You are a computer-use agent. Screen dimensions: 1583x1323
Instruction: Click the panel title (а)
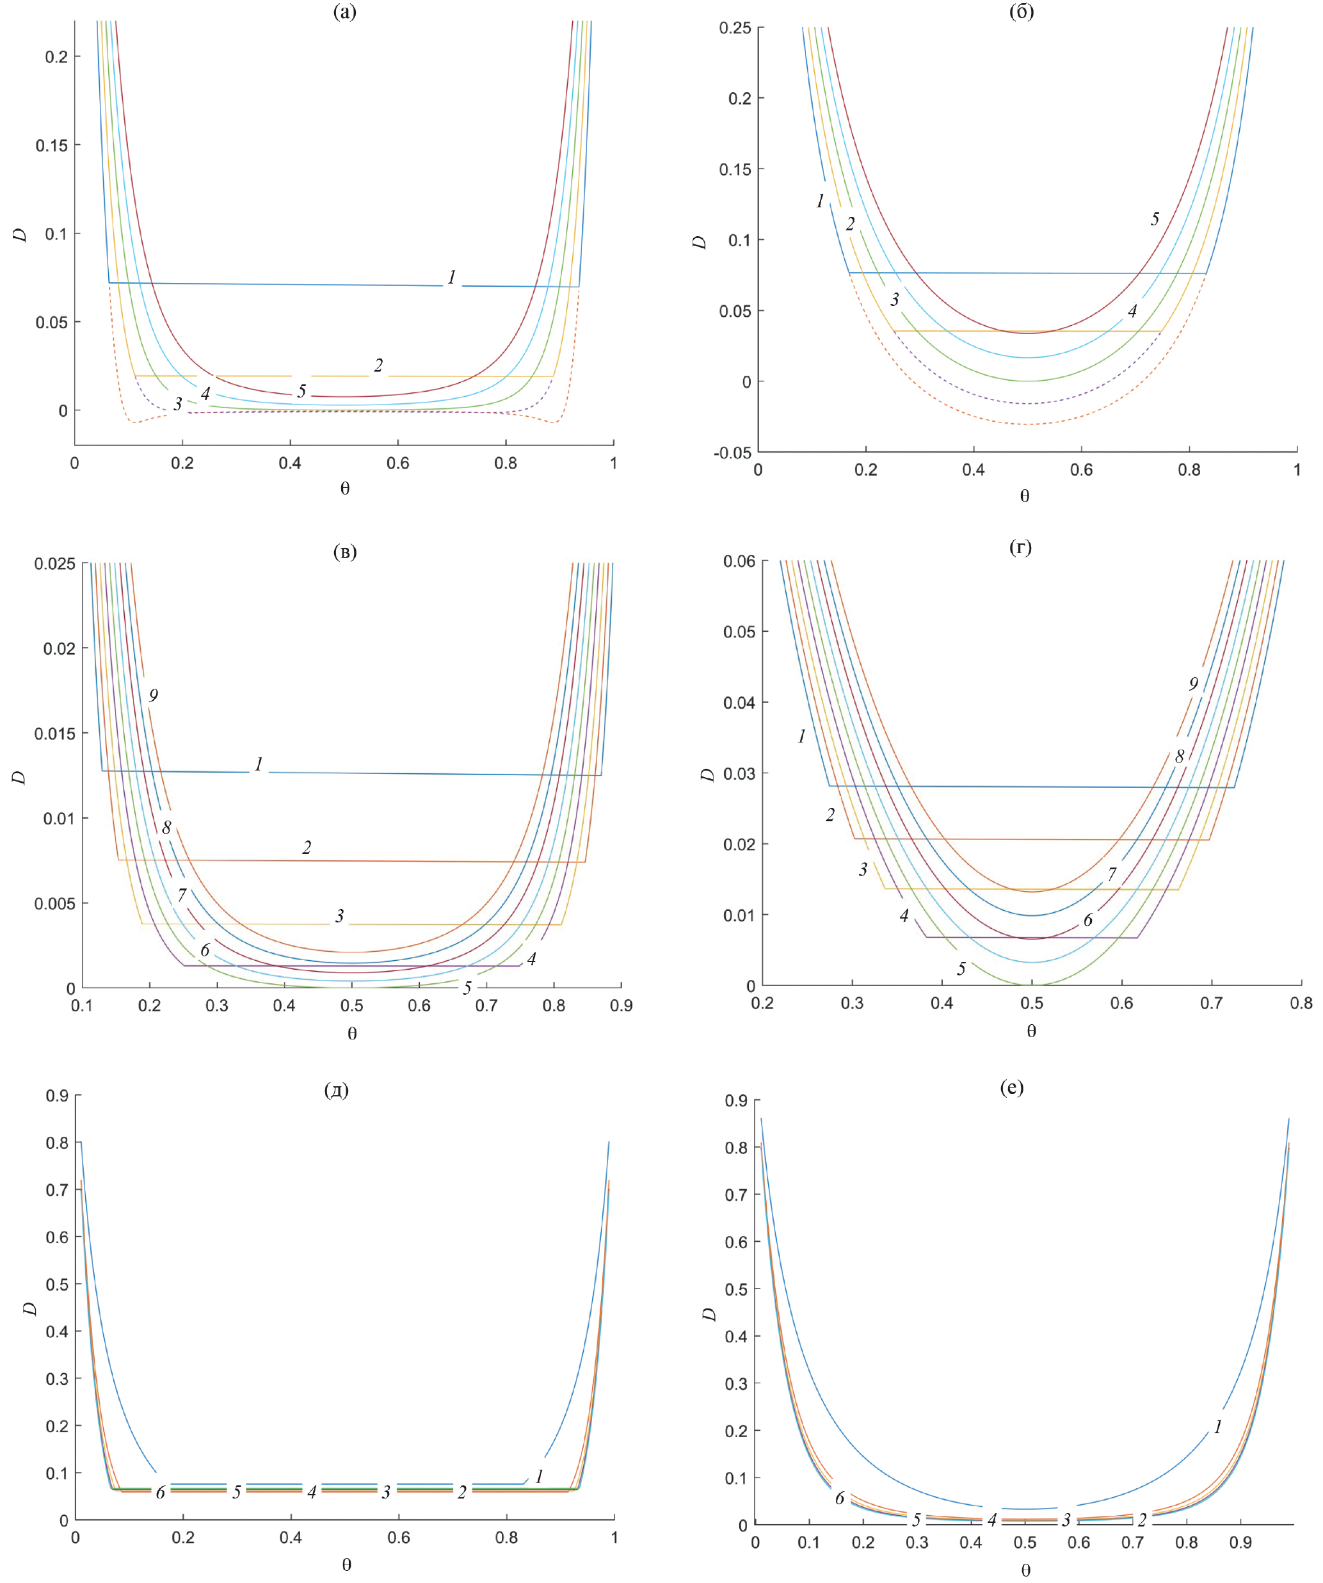click(x=344, y=12)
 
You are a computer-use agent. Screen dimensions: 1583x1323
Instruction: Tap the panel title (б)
click(x=1022, y=12)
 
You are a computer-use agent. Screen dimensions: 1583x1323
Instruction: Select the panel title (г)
click(x=1020, y=547)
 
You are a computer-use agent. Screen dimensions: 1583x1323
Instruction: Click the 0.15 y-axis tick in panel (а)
click(x=51, y=145)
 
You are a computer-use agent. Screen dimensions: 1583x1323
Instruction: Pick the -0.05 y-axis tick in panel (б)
click(x=732, y=453)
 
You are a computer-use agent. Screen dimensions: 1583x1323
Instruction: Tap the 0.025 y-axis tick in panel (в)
click(x=54, y=563)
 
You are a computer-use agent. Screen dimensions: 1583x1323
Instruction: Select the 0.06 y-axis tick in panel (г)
click(x=739, y=561)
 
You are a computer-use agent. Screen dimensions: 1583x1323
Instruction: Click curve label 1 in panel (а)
click(x=451, y=277)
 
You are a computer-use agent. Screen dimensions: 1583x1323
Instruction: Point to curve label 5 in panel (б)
click(x=1155, y=219)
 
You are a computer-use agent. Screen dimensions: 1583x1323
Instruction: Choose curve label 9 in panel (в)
click(x=154, y=695)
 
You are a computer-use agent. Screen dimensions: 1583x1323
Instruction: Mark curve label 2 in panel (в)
click(x=307, y=848)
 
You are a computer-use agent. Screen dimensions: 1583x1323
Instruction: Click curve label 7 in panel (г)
click(x=1112, y=874)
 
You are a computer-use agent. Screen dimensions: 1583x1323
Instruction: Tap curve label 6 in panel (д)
click(x=160, y=1493)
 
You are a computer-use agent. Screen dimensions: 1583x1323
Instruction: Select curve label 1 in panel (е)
click(x=1217, y=1426)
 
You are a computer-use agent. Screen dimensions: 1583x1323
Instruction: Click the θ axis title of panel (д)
click(x=346, y=1564)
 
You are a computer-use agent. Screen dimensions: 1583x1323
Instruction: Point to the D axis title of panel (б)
click(x=700, y=243)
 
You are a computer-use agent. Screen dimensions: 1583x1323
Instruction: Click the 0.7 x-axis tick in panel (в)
click(x=486, y=1006)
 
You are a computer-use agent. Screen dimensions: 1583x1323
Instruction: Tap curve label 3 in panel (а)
click(x=178, y=404)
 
